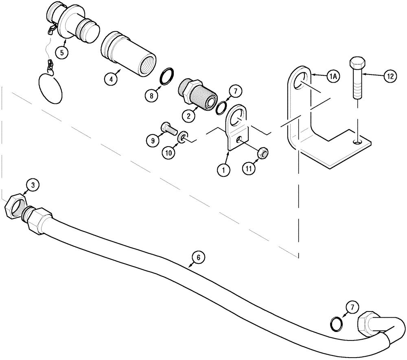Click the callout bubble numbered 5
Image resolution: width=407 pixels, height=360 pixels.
click(61, 53)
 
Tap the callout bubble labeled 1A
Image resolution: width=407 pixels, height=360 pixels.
click(333, 75)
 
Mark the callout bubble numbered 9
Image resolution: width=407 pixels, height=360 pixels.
click(152, 140)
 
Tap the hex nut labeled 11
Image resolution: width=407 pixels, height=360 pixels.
click(262, 154)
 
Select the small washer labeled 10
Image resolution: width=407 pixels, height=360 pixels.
click(184, 137)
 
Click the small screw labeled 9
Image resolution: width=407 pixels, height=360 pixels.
click(168, 129)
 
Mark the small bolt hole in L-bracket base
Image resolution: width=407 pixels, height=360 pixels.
click(357, 142)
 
